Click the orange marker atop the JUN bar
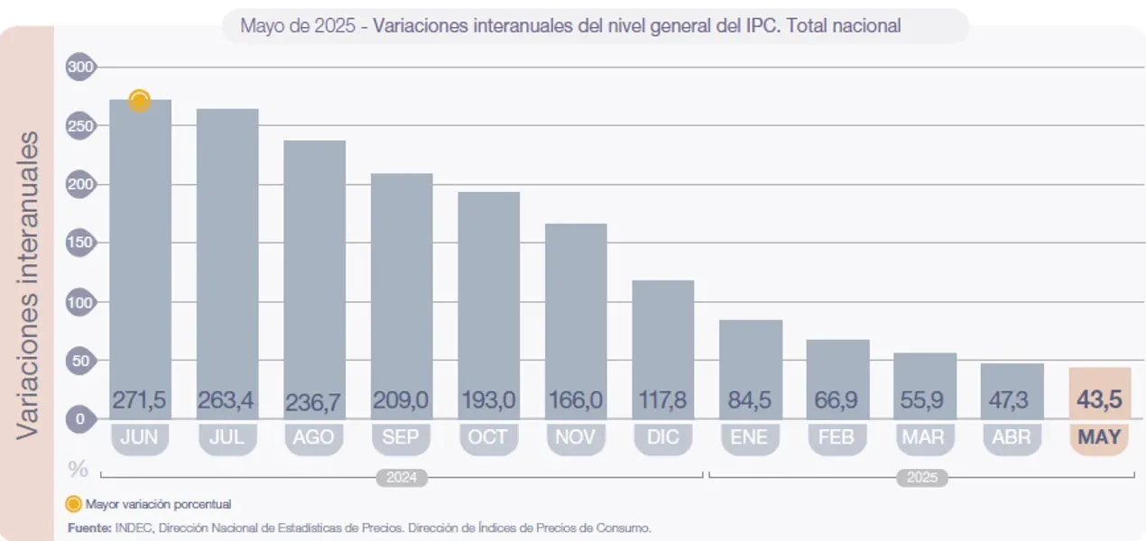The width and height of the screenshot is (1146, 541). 139,101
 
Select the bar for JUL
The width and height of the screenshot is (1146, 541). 227,252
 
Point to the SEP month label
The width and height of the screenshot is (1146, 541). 402,437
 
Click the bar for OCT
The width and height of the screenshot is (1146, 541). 489,289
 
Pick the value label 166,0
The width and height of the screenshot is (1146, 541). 577,399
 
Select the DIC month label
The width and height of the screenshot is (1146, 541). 663,437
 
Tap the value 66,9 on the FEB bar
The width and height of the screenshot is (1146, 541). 837,399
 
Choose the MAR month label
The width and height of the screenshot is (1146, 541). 925,437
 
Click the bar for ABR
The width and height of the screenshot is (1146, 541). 1012,383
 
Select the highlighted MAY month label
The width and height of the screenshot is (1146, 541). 1099,437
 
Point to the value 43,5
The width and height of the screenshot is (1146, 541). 1099,399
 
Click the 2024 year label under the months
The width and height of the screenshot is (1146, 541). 402,478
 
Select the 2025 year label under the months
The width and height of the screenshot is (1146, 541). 921,478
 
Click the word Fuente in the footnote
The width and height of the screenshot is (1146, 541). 88,527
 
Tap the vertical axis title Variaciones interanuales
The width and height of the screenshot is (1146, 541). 29,284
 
